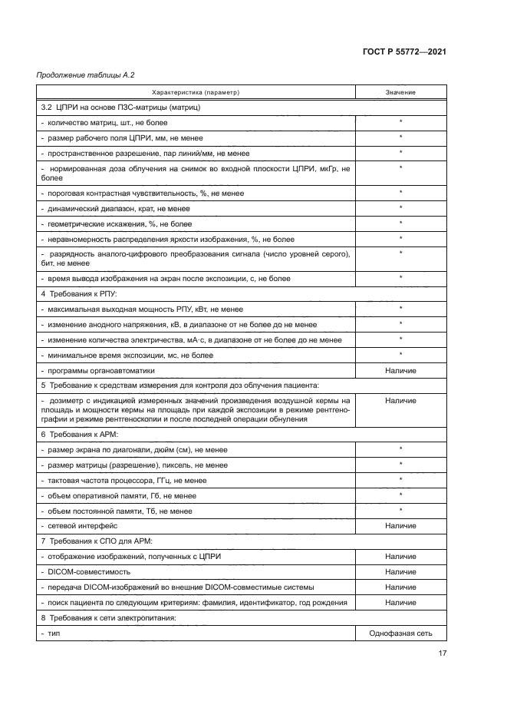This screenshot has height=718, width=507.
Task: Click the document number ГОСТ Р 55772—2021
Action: [x=404, y=51]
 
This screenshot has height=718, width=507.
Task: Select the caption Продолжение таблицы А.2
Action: [x=75, y=75]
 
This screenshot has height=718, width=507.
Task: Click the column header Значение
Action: [x=400, y=93]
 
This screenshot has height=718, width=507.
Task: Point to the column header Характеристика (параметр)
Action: [x=196, y=93]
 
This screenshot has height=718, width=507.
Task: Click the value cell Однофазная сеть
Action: [x=400, y=634]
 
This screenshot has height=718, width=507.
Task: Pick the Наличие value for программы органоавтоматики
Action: [x=400, y=371]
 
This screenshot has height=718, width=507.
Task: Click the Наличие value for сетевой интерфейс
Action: [x=400, y=526]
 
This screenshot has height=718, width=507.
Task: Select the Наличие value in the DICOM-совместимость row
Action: [x=400, y=572]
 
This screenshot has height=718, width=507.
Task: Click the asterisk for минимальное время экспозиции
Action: [x=400, y=355]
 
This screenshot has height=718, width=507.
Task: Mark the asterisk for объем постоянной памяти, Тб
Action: [x=400, y=511]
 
